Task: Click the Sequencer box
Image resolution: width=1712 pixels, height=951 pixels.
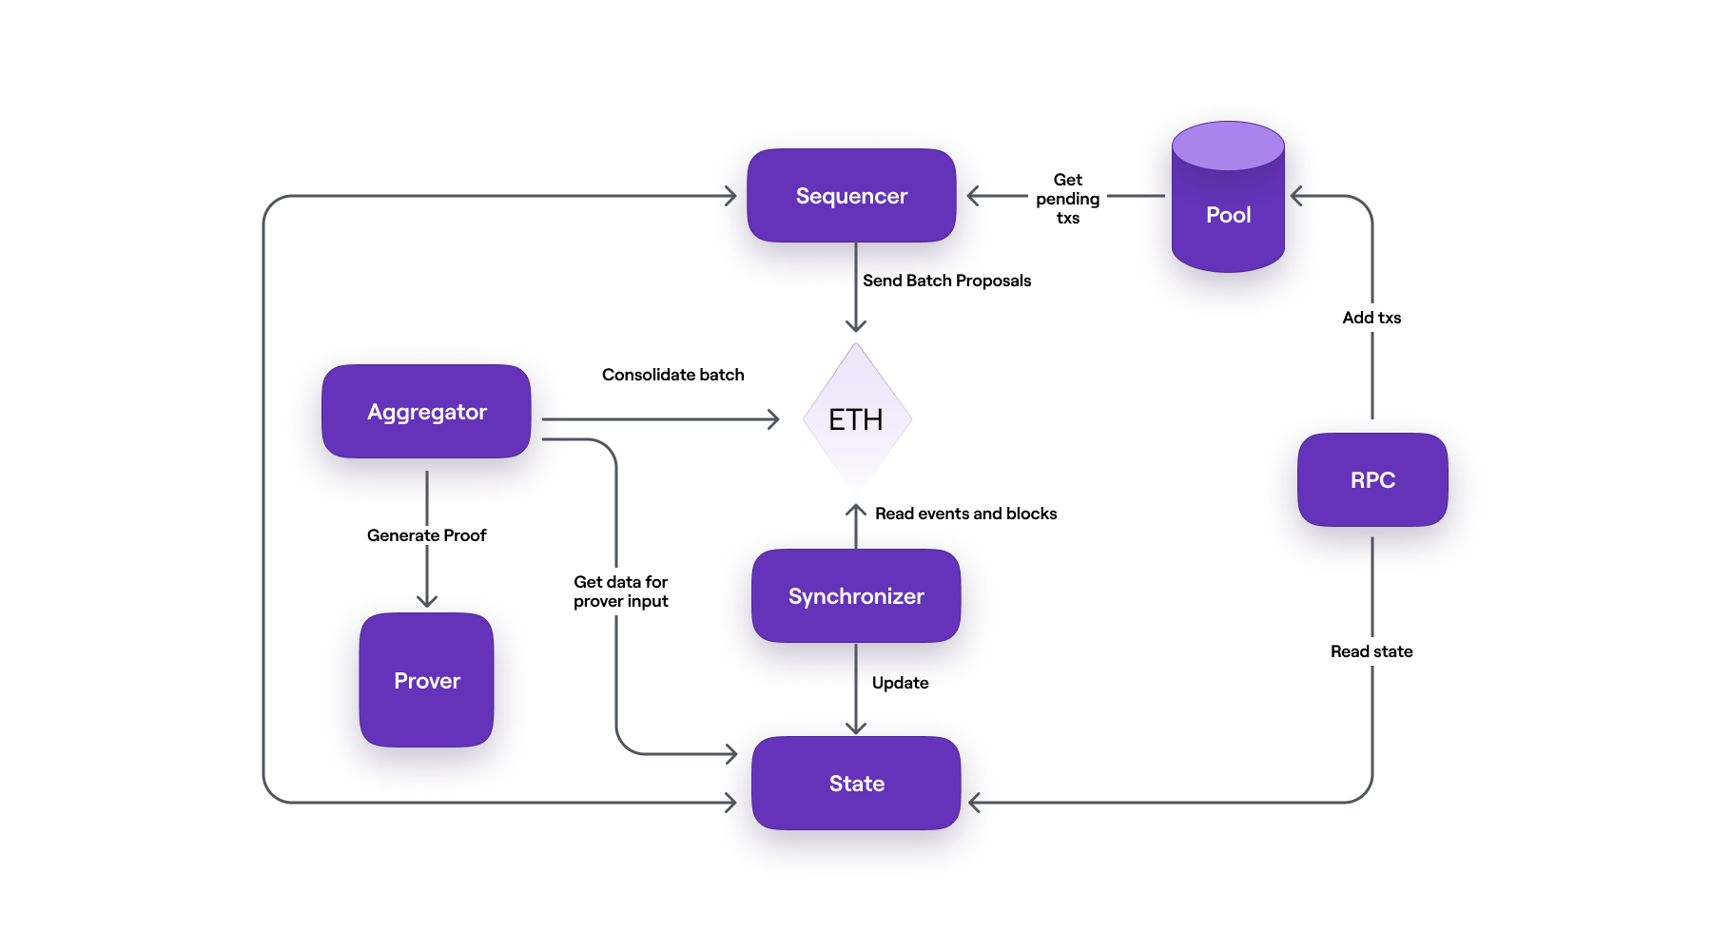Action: pos(851,196)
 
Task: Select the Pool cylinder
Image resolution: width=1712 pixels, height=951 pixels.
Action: pos(1228,215)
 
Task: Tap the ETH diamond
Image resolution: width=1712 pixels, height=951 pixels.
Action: pos(856,419)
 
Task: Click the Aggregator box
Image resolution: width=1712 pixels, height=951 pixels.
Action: pos(426,412)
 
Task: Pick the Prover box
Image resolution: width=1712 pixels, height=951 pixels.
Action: pos(426,681)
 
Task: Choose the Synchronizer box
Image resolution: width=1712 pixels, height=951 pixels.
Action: pos(856,596)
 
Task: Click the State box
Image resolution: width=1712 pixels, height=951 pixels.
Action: pos(856,784)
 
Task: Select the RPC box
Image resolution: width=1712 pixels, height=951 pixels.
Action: pos(1372,480)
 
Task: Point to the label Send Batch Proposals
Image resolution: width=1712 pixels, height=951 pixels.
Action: pos(946,281)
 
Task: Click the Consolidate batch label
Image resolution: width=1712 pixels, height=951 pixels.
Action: pos(672,375)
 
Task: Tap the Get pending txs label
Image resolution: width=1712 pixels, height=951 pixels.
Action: pos(1067,199)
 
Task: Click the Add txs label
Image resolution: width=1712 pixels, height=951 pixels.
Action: pos(1372,318)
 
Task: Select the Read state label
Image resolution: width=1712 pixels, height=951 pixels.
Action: pos(1372,651)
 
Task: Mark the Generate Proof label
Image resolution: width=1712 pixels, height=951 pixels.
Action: pos(426,535)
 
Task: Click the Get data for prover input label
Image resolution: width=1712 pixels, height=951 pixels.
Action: pos(620,592)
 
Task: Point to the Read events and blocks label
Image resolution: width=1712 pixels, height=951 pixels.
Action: pos(965,514)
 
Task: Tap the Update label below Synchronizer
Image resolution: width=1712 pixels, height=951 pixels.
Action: pos(900,683)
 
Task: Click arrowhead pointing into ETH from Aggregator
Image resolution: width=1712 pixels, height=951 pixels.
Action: pos(774,419)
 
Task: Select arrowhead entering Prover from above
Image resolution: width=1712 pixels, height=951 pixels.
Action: pos(427,601)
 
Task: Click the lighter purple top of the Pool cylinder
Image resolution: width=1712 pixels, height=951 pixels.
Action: pos(1228,146)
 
